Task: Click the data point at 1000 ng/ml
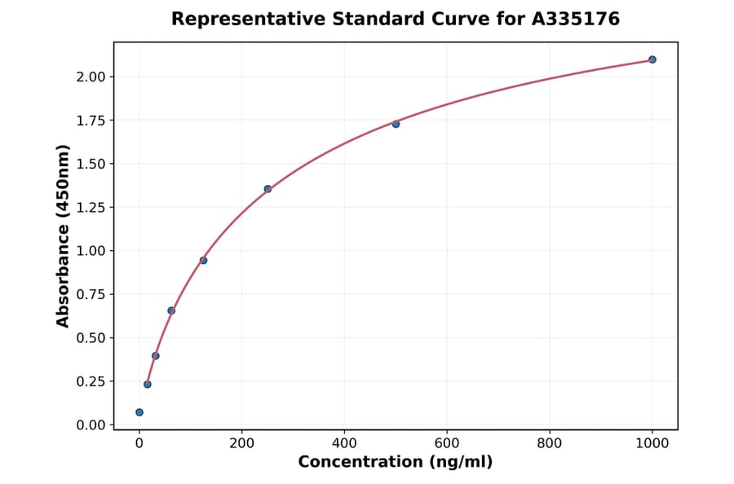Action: tap(652, 59)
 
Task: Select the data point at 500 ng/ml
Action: tap(396, 124)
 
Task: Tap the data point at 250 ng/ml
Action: tap(268, 189)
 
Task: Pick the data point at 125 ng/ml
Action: tap(203, 260)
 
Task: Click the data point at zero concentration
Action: tap(139, 412)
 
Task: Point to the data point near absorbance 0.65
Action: tap(171, 310)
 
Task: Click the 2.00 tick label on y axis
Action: tap(91, 77)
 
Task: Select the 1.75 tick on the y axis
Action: tap(91, 121)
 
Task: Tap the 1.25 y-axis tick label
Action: tap(91, 207)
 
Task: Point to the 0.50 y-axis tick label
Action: tap(91, 337)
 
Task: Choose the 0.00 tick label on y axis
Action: tap(91, 425)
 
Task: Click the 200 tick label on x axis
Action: tap(241, 443)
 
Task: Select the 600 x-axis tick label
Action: tap(447, 443)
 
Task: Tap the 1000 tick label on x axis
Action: tap(652, 443)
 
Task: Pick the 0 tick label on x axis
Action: tap(139, 443)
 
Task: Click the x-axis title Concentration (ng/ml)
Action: tap(395, 462)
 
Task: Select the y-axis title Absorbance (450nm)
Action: tap(63, 235)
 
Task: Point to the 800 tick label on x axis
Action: tap(550, 443)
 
